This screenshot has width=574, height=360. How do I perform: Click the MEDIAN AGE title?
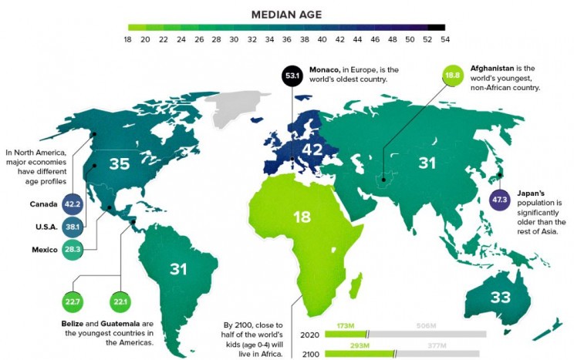point(287,14)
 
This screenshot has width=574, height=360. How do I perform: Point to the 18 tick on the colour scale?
point(129,39)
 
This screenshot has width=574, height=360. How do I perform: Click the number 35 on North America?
point(120,164)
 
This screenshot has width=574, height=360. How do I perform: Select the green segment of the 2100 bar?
point(359,355)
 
